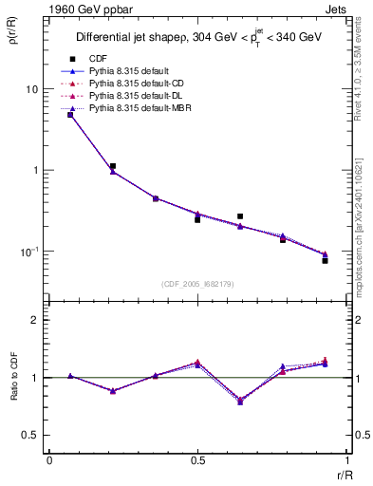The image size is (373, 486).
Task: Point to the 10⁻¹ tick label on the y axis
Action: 31,252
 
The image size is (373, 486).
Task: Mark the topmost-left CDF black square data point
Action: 70,115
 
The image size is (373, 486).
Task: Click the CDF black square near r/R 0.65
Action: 240,216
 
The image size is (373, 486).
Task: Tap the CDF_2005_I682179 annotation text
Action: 197,285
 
